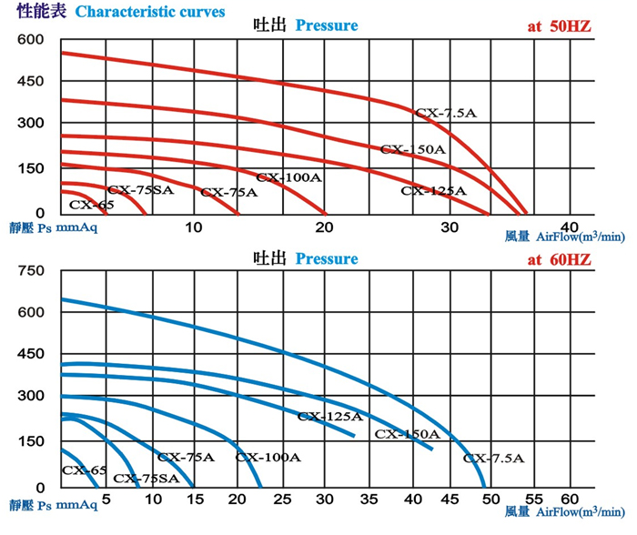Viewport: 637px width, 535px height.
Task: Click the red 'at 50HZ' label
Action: (559, 25)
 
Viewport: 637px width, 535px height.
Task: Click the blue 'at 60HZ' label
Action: (559, 259)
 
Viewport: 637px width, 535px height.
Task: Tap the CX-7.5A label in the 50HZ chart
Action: (446, 113)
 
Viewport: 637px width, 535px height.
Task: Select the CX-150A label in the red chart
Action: (412, 149)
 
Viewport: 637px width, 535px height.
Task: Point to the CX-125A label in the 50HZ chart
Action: (433, 191)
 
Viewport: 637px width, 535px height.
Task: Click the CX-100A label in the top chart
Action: (288, 177)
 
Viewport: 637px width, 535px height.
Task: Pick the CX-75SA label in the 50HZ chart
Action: (141, 190)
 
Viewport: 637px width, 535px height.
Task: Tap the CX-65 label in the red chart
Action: (91, 206)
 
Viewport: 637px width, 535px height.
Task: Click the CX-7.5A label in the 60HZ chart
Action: (493, 459)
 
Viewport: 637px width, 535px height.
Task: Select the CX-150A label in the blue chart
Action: (407, 435)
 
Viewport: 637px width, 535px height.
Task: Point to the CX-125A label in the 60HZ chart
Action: (330, 417)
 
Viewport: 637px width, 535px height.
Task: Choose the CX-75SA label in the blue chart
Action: (147, 478)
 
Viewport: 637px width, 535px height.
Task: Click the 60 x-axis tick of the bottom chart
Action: (570, 500)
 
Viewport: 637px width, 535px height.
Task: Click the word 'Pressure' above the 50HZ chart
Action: (327, 25)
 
